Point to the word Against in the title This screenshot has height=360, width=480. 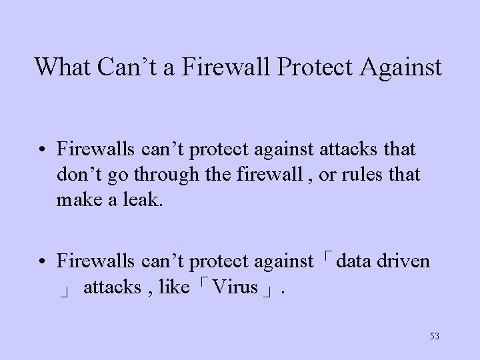tap(401, 67)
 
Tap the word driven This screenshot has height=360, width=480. tap(403, 261)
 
